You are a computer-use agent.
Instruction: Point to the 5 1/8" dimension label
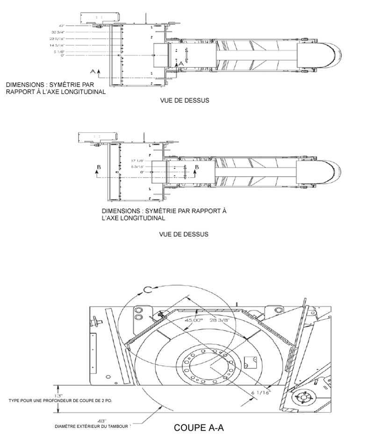[x=58, y=52]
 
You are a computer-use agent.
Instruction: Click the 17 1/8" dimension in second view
[x=137, y=161]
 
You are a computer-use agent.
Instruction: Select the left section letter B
[x=97, y=167]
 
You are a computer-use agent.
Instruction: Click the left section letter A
[x=93, y=71]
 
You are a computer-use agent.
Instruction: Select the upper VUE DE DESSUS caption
[x=184, y=100]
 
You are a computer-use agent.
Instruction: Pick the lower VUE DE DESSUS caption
[x=184, y=234]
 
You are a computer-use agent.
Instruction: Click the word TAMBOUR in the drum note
[x=117, y=426]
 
